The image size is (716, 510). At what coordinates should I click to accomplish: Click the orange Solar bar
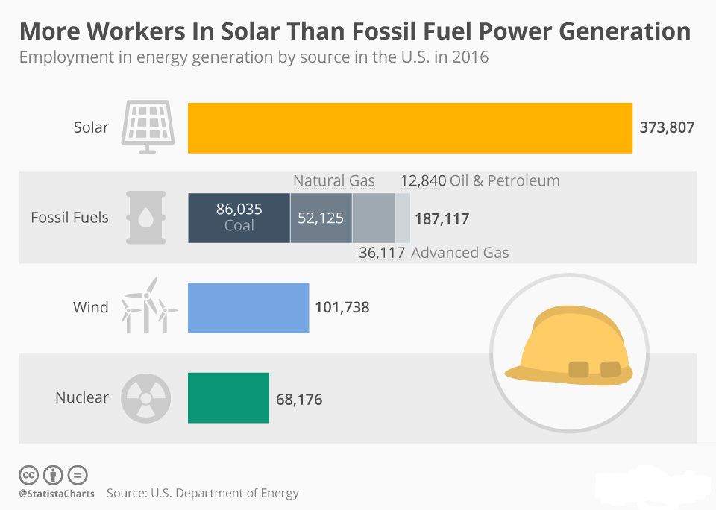tap(409, 127)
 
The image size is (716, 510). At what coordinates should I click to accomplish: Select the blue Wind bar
tap(248, 307)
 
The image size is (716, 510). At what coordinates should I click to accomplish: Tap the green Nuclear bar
tap(228, 397)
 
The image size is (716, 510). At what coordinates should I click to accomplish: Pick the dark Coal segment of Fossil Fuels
tap(239, 217)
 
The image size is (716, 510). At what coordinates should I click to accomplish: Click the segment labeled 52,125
tap(321, 218)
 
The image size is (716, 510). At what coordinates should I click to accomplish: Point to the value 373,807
tap(667, 127)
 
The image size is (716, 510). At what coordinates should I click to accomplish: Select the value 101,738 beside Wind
tap(342, 307)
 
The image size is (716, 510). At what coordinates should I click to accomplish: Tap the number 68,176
tap(299, 400)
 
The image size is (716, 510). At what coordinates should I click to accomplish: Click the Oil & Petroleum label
tap(505, 180)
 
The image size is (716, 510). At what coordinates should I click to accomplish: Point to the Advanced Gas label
tap(460, 253)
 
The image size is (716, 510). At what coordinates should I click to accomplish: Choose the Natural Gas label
tap(334, 180)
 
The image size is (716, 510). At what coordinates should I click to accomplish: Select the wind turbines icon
tap(150, 306)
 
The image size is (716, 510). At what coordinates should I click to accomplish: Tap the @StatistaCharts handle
tap(57, 494)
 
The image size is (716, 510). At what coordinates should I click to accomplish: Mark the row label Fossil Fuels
tap(69, 218)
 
